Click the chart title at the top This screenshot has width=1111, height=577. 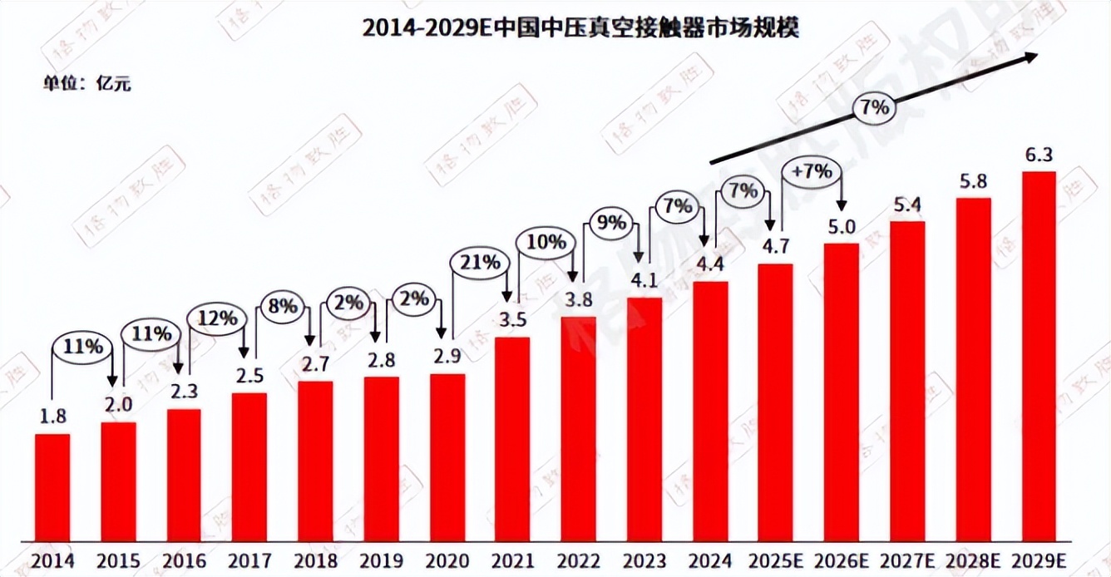(580, 27)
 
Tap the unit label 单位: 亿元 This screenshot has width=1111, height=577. (87, 83)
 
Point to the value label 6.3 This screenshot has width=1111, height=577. (1039, 155)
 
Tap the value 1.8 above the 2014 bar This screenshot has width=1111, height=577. (52, 417)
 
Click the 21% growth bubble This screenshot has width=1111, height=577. (479, 264)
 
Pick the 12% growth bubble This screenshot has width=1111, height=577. (217, 318)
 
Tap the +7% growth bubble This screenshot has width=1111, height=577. (812, 172)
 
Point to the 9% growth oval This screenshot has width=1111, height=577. (611, 224)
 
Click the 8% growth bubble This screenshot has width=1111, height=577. (283, 305)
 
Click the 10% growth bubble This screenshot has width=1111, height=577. (546, 242)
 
